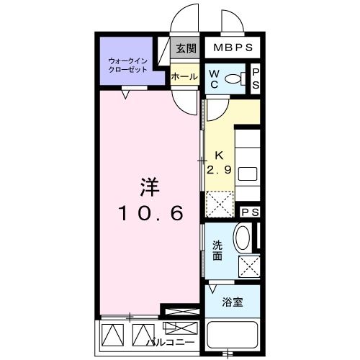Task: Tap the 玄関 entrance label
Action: (186, 49)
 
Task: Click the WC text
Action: (214, 78)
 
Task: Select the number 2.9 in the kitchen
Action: (219, 170)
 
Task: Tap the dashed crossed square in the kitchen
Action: (220, 203)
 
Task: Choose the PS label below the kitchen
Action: (250, 212)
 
